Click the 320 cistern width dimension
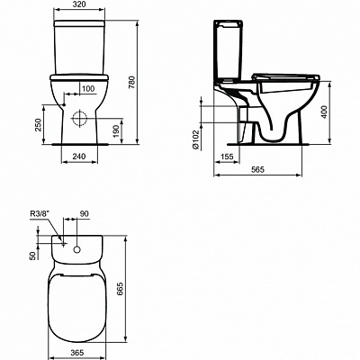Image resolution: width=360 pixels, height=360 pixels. click(79, 4)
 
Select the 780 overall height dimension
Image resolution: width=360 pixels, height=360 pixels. click(132, 83)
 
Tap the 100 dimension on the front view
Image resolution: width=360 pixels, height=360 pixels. click(88, 89)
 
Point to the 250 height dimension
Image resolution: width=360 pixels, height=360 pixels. click(38, 125)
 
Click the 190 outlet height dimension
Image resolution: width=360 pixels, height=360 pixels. click(116, 131)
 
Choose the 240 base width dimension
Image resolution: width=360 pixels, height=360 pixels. click(79, 157)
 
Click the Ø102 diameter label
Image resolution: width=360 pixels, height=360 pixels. click(195, 139)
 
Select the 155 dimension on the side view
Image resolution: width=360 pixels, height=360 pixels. click(227, 157)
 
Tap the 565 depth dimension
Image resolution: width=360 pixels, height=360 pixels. click(257, 169)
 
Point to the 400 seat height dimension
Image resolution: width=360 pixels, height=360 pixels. click(324, 112)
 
